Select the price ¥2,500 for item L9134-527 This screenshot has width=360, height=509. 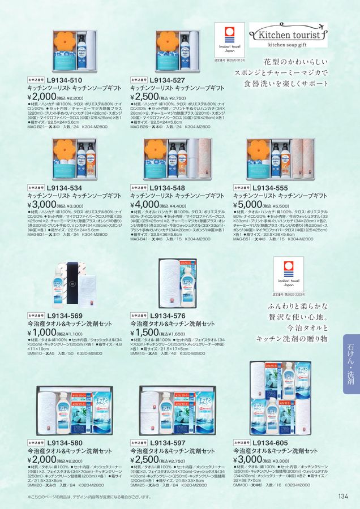click(144, 97)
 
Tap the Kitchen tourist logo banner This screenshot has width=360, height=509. click(288, 34)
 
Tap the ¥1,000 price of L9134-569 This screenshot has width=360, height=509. click(41, 333)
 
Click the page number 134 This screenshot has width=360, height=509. click(343, 497)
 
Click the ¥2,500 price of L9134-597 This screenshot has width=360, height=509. click(144, 460)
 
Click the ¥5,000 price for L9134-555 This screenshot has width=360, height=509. click(247, 204)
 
